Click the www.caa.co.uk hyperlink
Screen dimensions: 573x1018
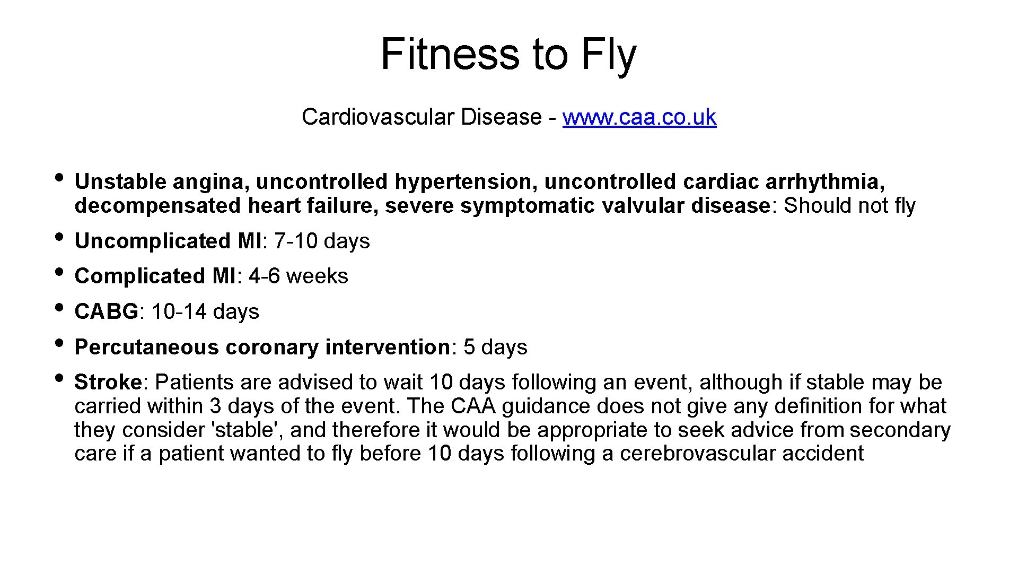[x=639, y=117]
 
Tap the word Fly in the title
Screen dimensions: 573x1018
[x=609, y=55]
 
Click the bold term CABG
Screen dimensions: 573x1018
[x=106, y=311]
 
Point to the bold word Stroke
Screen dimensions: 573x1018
[x=108, y=382]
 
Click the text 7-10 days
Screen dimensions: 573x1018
[x=322, y=241]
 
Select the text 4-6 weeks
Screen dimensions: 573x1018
[x=299, y=276]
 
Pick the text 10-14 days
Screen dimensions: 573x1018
[x=205, y=311]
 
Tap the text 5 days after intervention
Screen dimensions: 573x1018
[x=495, y=347]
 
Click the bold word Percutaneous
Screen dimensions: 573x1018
[x=147, y=347]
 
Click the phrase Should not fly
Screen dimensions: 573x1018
[x=849, y=206]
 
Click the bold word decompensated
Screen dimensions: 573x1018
[x=157, y=206]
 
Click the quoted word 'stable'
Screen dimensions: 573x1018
[x=247, y=430]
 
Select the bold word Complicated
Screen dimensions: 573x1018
[x=139, y=276]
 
